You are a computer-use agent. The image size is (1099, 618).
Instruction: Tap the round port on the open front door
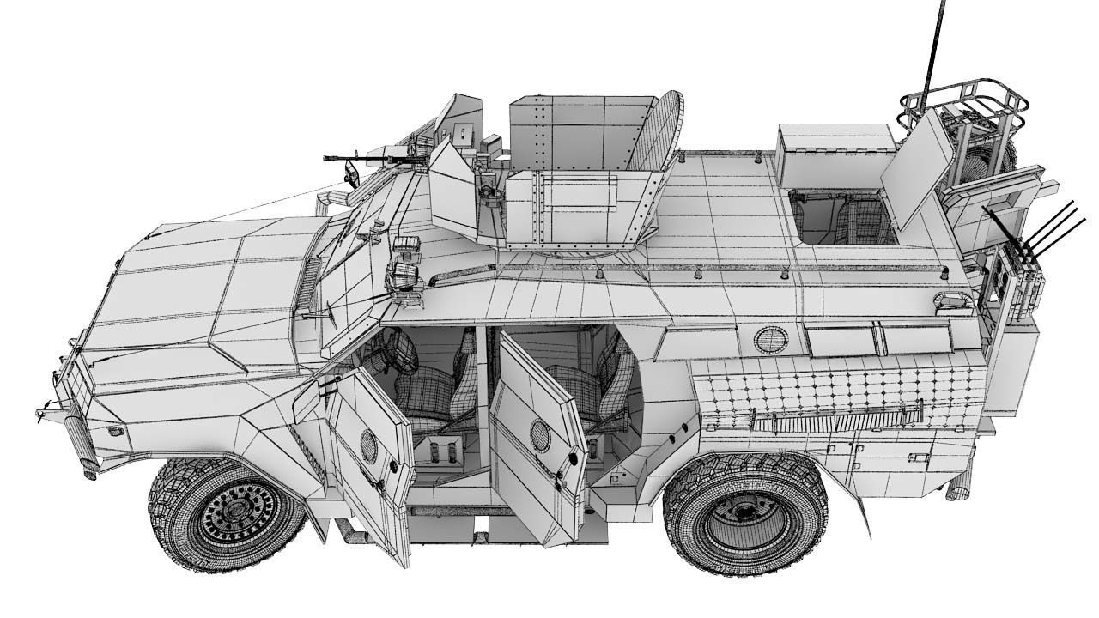pyautogui.click(x=368, y=446)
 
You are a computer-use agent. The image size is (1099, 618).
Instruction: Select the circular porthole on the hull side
pyautogui.click(x=770, y=339)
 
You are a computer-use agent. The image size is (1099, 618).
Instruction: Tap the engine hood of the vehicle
pyautogui.click(x=206, y=283)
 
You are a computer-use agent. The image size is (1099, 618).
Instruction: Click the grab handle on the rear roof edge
pyautogui.click(x=953, y=300)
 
